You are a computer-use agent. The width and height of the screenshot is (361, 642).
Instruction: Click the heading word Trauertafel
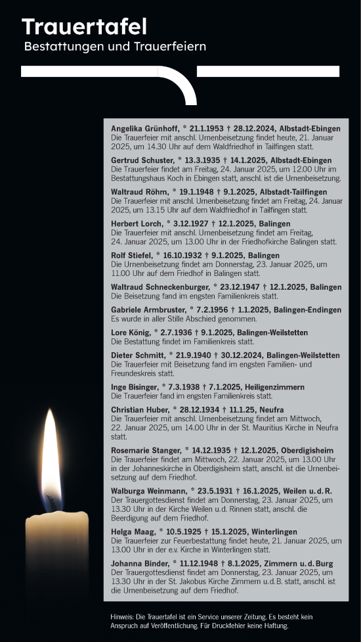pyautogui.click(x=84, y=27)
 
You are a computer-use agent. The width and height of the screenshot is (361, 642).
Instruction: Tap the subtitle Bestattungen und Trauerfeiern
pyautogui.click(x=115, y=47)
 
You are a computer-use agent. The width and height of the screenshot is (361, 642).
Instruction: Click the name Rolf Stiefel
pyautogui.click(x=129, y=256)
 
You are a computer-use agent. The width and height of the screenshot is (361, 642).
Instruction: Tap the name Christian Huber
pyautogui.click(x=138, y=409)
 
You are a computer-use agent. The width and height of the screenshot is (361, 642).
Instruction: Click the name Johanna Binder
pyautogui.click(x=138, y=564)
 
